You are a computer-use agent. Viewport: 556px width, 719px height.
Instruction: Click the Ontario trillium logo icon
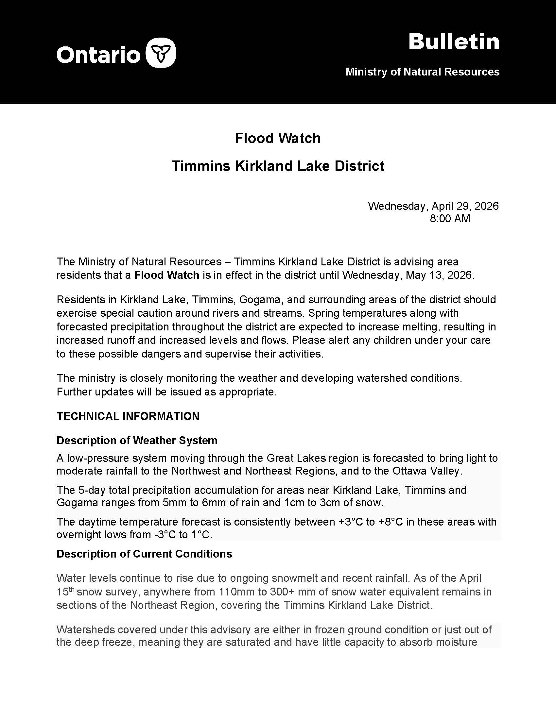(161, 53)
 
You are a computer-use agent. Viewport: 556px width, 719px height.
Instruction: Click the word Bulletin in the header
(454, 42)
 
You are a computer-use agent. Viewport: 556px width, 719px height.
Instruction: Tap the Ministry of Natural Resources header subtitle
(422, 72)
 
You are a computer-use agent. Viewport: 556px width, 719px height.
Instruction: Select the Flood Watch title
(278, 138)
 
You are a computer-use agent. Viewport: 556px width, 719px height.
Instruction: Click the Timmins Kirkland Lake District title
(278, 166)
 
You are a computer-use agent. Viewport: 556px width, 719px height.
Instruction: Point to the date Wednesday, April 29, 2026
(433, 206)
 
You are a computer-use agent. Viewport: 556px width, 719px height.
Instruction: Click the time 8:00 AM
(450, 219)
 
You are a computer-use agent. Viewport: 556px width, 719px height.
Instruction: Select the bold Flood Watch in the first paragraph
(167, 275)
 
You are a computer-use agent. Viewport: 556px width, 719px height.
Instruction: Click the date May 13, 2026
(440, 275)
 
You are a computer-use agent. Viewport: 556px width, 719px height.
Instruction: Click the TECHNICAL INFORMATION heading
(128, 416)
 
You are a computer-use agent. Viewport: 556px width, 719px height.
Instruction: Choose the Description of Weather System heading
(137, 440)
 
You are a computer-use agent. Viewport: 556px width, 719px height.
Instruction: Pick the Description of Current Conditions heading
(144, 554)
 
